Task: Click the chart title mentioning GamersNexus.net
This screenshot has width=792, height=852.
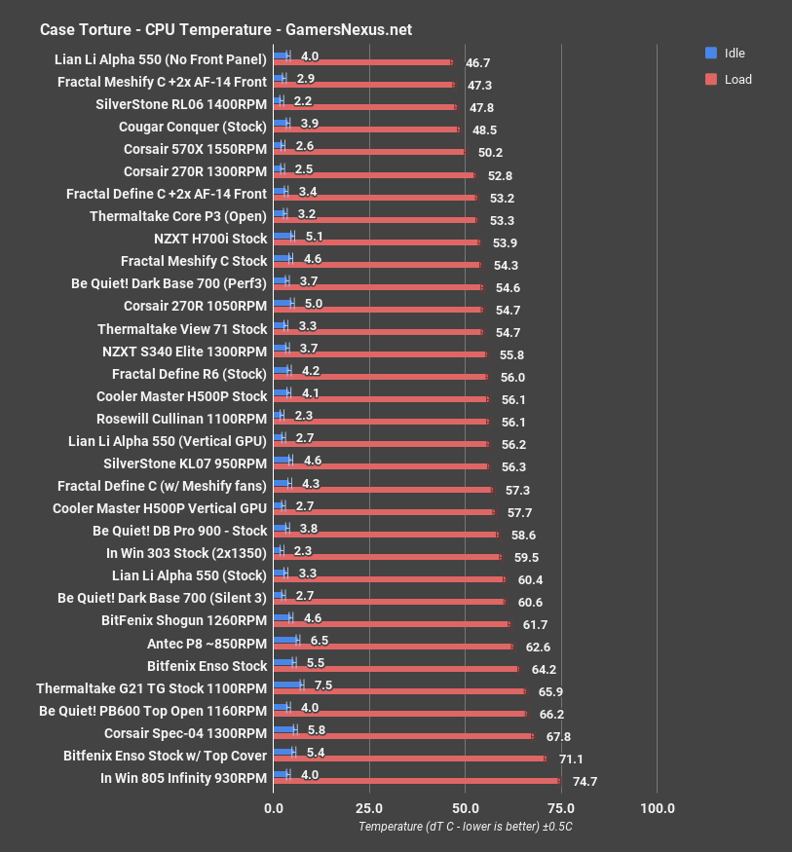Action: pyautogui.click(x=226, y=29)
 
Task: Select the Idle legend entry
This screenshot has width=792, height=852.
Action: pyautogui.click(x=734, y=53)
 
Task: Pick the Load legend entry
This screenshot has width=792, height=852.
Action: pyautogui.click(x=737, y=79)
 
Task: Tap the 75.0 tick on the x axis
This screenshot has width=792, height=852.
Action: pyautogui.click(x=561, y=807)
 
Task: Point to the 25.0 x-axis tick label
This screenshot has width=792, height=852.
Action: pyautogui.click(x=369, y=807)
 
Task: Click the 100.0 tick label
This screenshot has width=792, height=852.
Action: pyautogui.click(x=657, y=807)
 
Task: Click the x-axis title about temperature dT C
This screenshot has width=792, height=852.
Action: pyautogui.click(x=465, y=827)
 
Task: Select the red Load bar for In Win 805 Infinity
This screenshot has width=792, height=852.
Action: pyautogui.click(x=416, y=781)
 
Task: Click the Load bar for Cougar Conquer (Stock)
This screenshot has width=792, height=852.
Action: pyautogui.click(x=366, y=130)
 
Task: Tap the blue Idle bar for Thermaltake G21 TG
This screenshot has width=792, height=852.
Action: pyautogui.click(x=288, y=685)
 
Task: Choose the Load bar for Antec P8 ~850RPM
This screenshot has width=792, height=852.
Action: pyautogui.click(x=394, y=647)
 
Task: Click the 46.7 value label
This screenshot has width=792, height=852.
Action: pyautogui.click(x=478, y=62)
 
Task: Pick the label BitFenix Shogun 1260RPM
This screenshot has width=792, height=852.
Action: pyautogui.click(x=183, y=619)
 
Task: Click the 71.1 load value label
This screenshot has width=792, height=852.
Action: pyautogui.click(x=571, y=759)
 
